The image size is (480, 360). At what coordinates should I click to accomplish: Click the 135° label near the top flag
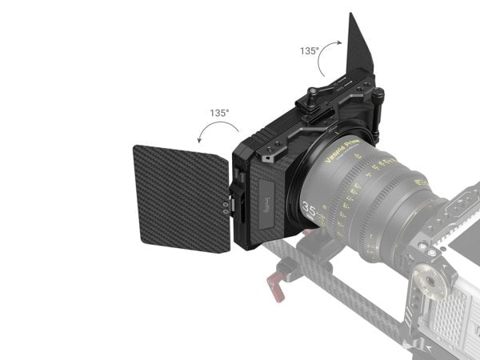click(310, 50)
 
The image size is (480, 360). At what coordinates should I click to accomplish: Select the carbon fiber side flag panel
click(182, 196)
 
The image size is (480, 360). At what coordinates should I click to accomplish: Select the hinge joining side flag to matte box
click(235, 195)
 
